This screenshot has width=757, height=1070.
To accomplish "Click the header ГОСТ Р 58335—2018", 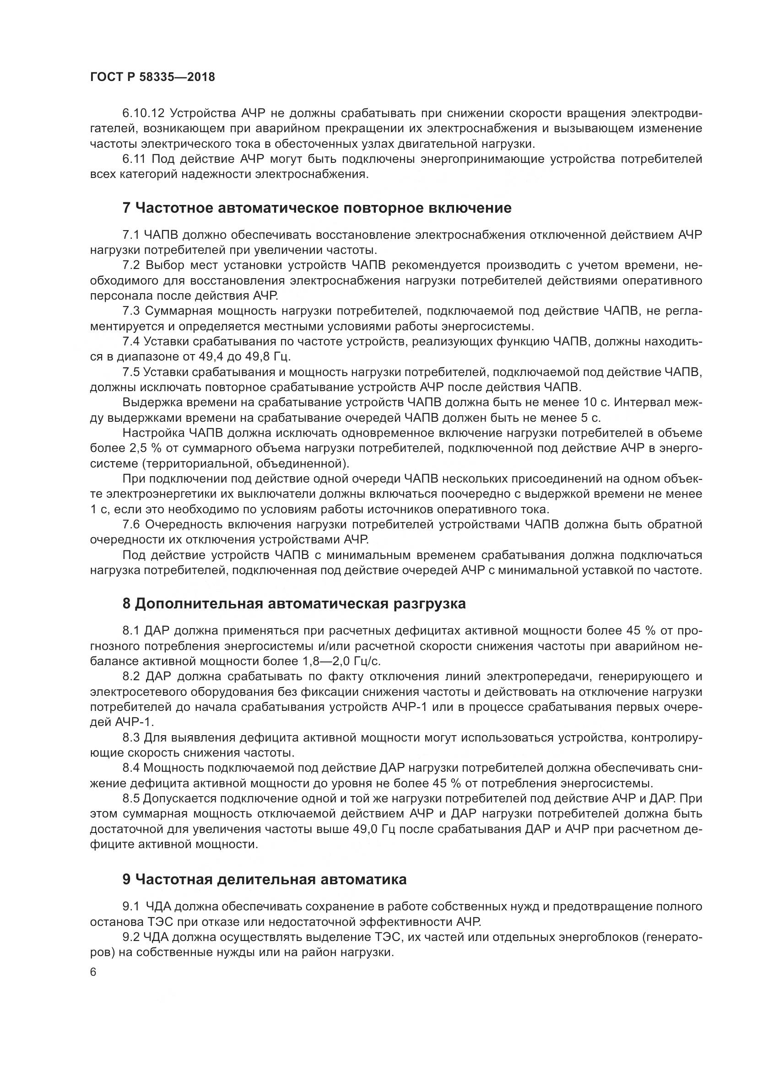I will (152, 77).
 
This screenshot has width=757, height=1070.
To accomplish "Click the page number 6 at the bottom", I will (93, 972).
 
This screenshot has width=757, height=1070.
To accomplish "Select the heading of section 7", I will (317, 208).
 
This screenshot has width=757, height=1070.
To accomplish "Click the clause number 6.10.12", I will (144, 113).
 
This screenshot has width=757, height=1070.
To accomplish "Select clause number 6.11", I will (134, 159).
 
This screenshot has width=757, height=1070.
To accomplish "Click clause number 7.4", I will (131, 342).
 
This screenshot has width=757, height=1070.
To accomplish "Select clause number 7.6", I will (131, 525).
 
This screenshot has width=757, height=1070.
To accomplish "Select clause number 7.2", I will (131, 265).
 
